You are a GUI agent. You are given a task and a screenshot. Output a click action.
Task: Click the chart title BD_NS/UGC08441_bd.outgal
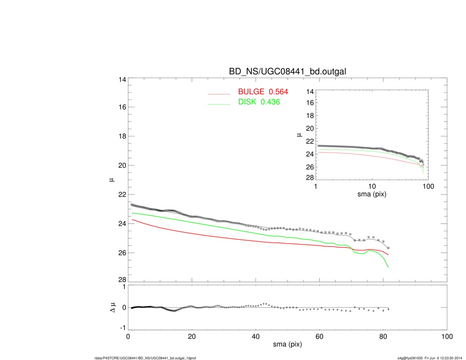(x=288, y=72)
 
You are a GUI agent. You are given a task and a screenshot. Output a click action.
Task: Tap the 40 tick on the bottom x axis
(x=255, y=337)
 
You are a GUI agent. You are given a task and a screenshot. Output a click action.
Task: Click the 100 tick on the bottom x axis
(x=447, y=337)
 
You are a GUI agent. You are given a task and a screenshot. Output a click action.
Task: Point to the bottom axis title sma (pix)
(x=287, y=345)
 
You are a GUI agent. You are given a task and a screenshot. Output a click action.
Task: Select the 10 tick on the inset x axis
(x=372, y=187)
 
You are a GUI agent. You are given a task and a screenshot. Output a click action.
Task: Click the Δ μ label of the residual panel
(x=112, y=307)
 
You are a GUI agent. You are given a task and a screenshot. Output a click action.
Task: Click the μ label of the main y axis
(x=112, y=180)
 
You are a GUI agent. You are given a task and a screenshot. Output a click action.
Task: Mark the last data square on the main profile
(x=388, y=248)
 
